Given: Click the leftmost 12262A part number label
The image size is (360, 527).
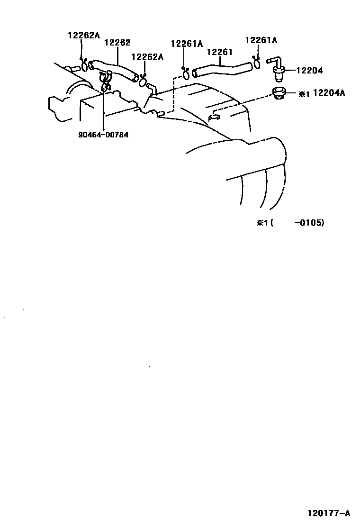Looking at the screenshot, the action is click(x=83, y=35).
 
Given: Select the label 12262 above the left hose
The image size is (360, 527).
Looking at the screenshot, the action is click(x=117, y=43).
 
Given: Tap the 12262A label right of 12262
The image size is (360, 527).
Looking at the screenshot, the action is click(x=147, y=57).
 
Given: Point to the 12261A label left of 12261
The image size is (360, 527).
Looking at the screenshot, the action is click(x=186, y=44).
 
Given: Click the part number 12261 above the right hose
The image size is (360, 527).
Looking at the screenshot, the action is click(x=219, y=52).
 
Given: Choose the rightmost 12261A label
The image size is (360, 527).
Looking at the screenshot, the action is click(x=261, y=40).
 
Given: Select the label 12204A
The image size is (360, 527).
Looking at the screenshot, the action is click(x=329, y=93).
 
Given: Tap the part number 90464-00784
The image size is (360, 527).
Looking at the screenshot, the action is click(x=103, y=134).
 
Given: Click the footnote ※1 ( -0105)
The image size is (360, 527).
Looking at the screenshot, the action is click(x=290, y=222).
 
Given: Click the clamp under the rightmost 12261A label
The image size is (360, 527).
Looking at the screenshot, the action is click(x=256, y=62).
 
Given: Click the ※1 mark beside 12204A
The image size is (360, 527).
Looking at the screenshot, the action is click(x=304, y=93).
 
